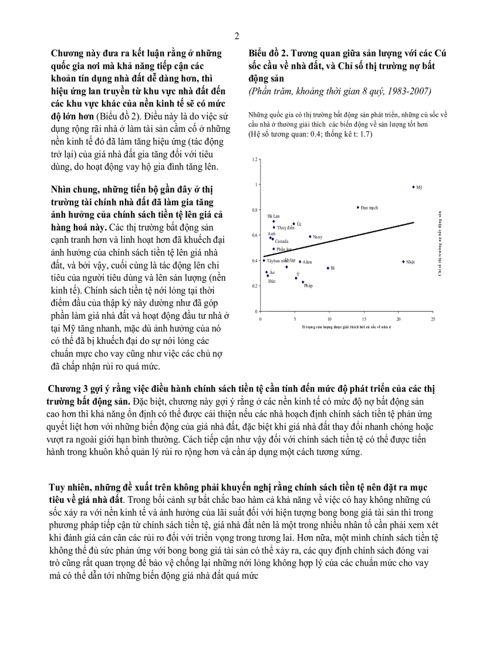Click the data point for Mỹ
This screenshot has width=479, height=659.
413,187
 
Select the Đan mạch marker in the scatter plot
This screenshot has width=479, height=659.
358,207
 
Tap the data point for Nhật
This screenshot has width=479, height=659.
403,262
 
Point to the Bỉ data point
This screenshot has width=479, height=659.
328,268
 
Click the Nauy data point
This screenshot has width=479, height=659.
310,236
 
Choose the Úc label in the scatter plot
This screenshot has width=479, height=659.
299,224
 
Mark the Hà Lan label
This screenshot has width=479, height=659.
273,216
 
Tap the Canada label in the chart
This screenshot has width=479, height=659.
282,241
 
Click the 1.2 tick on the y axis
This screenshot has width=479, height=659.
255,160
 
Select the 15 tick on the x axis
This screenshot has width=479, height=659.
363,319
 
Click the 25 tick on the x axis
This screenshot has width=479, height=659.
432,319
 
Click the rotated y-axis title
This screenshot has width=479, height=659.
440,242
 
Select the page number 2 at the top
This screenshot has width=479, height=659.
237,36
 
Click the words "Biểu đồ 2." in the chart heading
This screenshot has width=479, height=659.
268,53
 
